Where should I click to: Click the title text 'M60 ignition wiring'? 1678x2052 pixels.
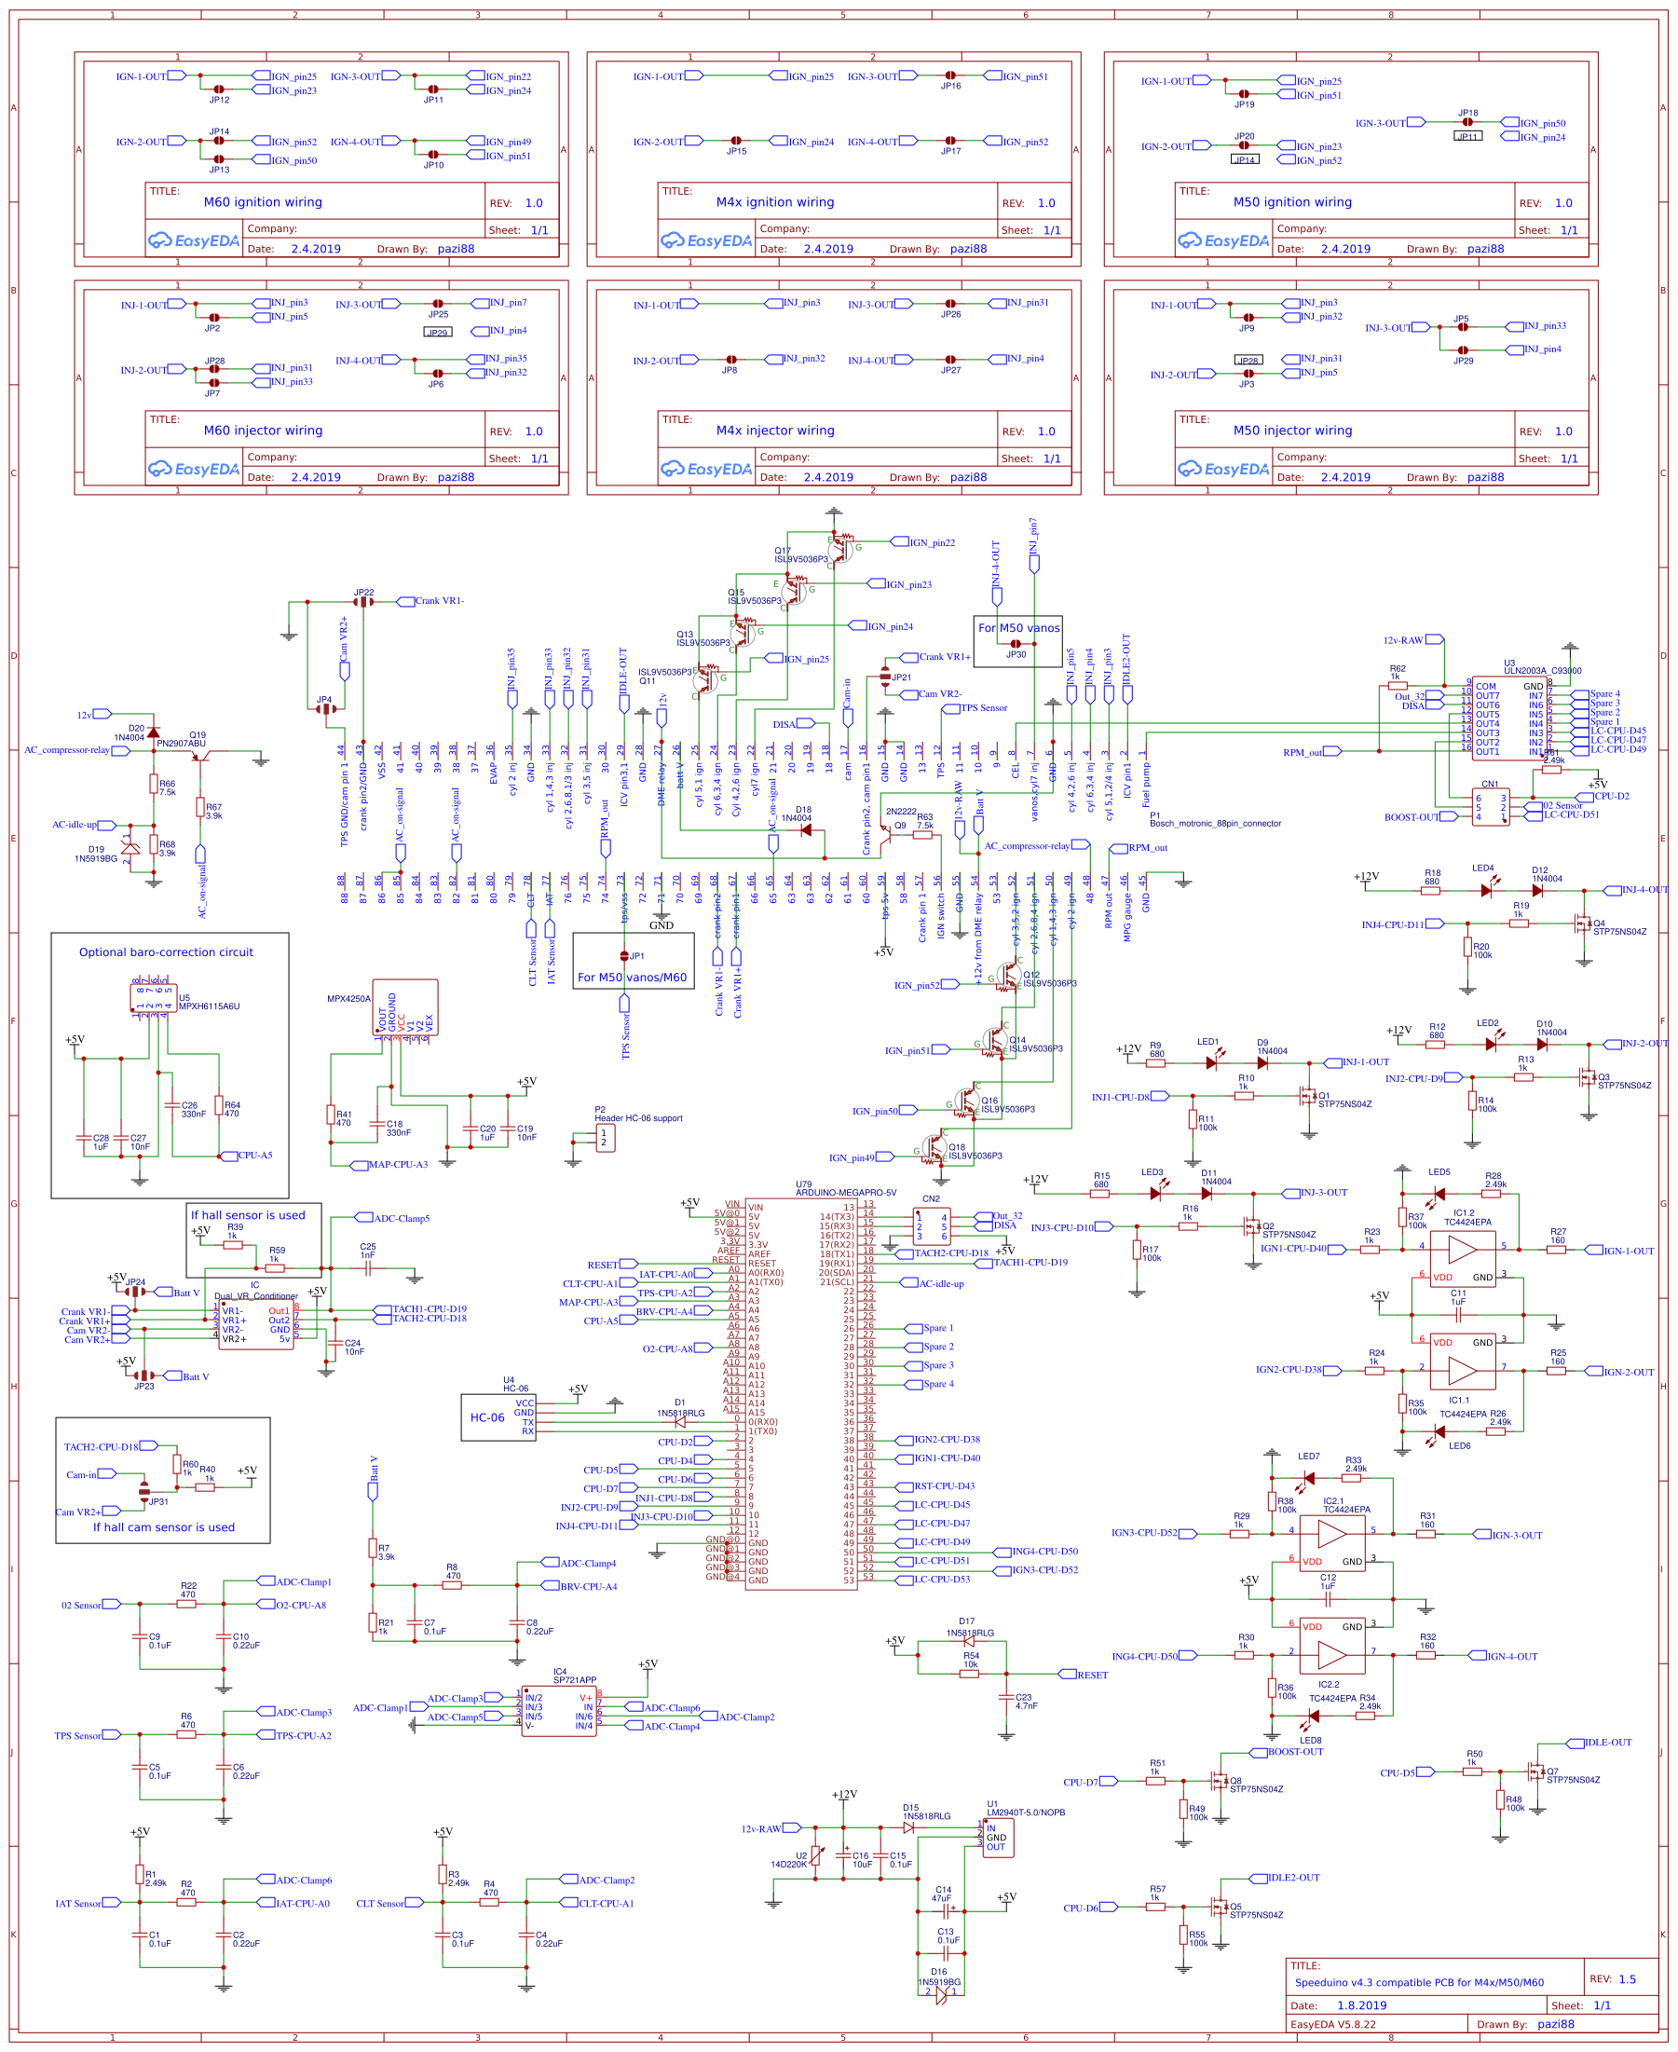point(263,202)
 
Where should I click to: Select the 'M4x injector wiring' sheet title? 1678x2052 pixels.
point(775,431)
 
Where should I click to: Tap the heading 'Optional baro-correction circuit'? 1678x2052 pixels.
point(166,952)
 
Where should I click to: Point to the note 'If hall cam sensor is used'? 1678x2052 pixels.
point(163,1527)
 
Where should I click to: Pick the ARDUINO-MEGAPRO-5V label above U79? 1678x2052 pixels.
point(846,1193)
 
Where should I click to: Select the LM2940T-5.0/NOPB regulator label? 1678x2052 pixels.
point(1025,1813)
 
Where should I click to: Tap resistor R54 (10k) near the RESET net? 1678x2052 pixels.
point(970,1674)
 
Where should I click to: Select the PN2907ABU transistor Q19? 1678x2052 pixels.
point(199,756)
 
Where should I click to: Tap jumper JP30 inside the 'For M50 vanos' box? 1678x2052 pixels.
point(1016,644)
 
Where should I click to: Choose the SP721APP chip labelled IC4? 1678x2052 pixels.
point(559,1712)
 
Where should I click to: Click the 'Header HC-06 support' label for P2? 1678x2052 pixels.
point(638,1118)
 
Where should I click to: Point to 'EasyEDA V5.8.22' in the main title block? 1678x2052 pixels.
point(1333,2024)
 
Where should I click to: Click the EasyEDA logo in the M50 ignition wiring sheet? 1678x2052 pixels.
point(1222,240)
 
